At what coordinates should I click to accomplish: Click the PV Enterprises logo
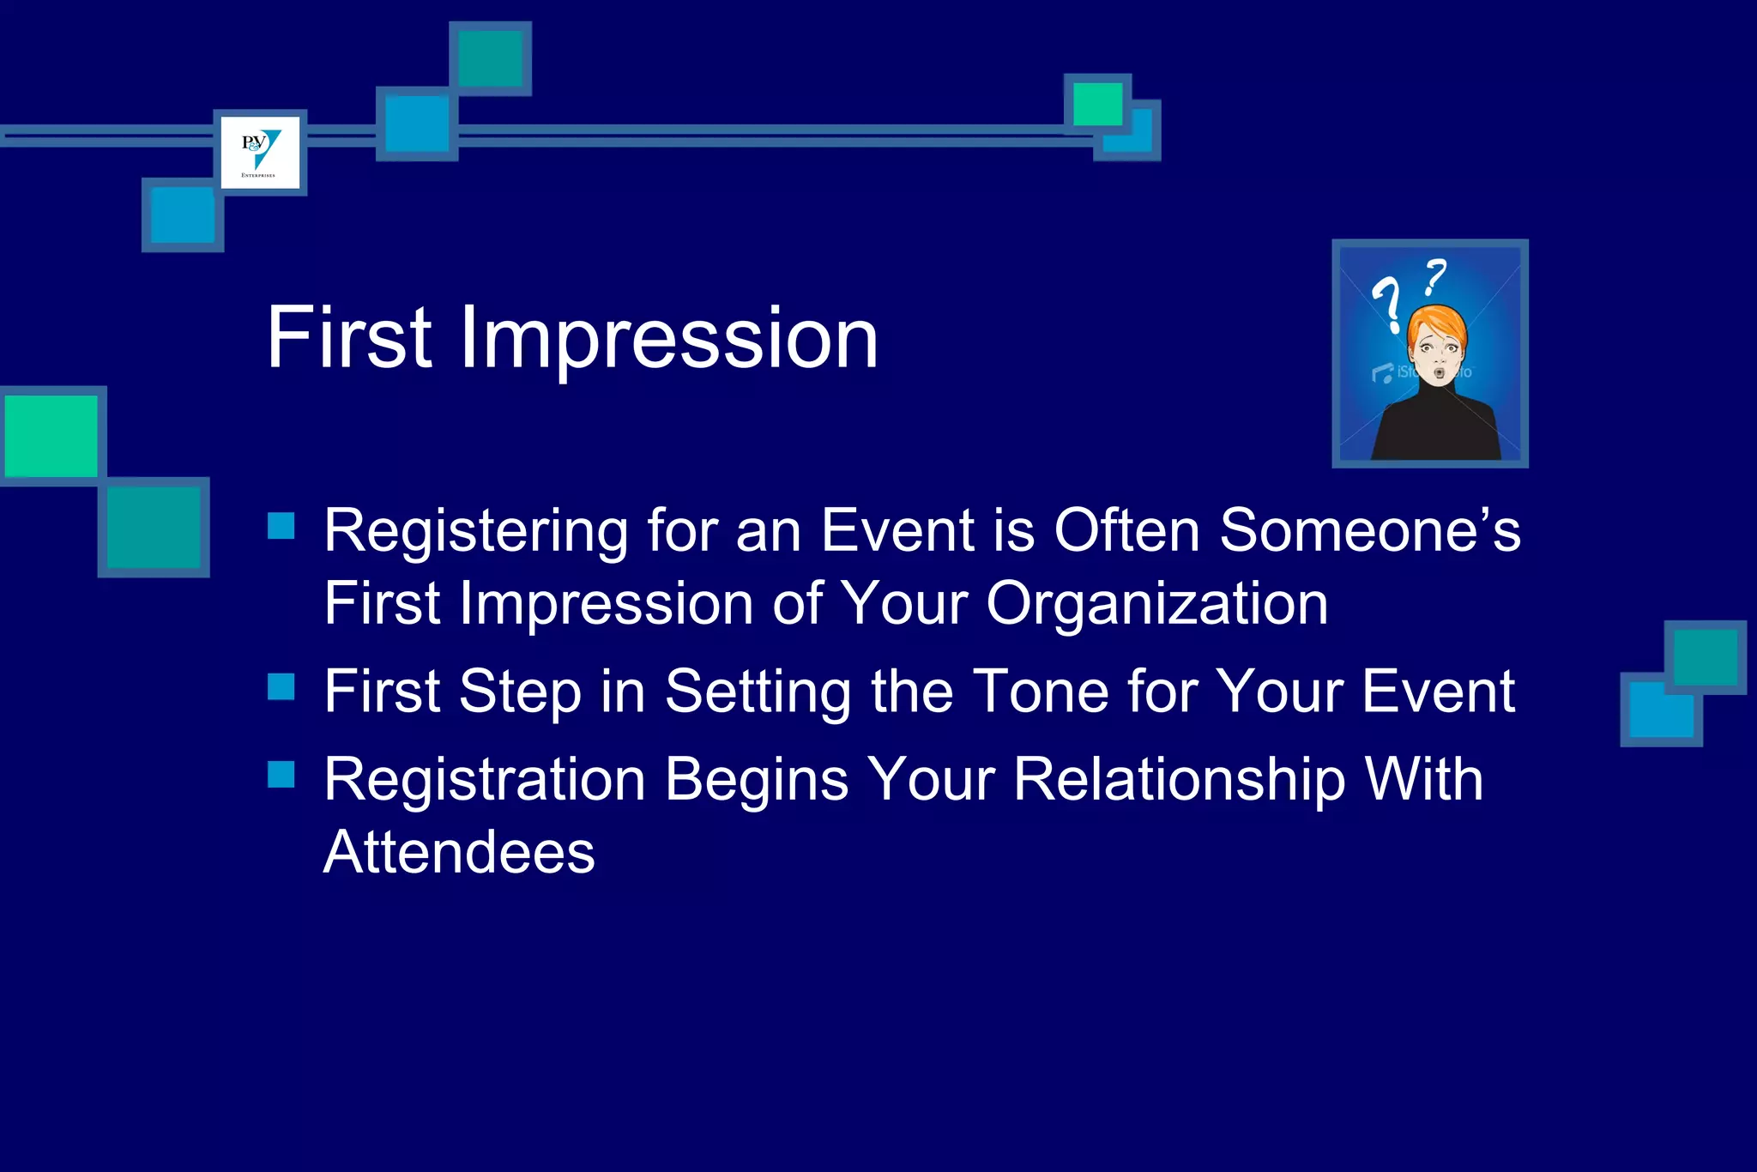click(x=260, y=152)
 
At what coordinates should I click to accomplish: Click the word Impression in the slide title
click(x=668, y=338)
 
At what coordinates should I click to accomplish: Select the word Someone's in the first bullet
click(x=1369, y=530)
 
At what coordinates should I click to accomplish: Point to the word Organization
click(x=1157, y=604)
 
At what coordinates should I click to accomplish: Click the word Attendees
click(x=459, y=853)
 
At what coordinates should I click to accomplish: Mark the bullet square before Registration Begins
click(x=281, y=774)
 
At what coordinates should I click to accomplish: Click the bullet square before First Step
click(x=281, y=686)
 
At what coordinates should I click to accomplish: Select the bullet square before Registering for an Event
click(x=281, y=526)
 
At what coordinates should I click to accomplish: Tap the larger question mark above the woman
click(x=1387, y=302)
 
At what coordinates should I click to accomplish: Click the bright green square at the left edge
click(x=51, y=435)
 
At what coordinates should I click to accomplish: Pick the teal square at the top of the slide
click(x=490, y=58)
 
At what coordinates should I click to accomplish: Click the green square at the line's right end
click(x=1097, y=104)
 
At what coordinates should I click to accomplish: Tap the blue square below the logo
click(x=183, y=214)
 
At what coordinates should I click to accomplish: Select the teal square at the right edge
click(x=1705, y=657)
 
